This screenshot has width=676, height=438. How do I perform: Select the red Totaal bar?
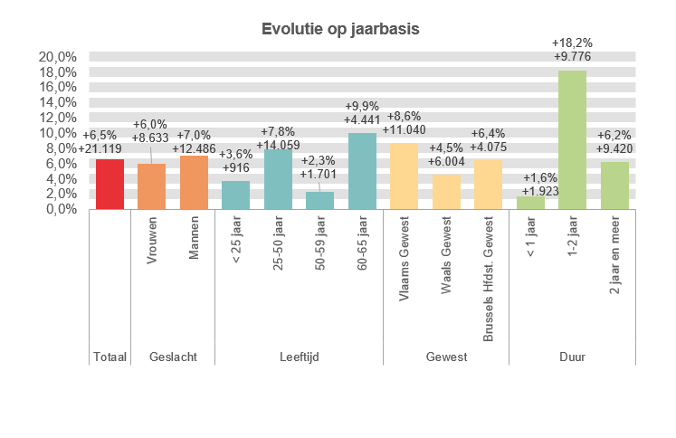pos(109,185)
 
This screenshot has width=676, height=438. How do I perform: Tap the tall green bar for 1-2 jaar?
pos(573,140)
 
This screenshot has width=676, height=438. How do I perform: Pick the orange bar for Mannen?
pos(194,183)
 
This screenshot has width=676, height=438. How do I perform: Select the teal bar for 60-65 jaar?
pos(362,171)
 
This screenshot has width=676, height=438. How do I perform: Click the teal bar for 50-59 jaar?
pos(320,200)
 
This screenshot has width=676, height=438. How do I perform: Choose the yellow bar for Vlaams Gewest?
pos(404,176)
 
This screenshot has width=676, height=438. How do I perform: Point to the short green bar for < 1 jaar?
pos(530,203)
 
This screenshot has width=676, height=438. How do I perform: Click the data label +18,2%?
pos(572,43)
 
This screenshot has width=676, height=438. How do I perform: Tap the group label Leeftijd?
pos(300,357)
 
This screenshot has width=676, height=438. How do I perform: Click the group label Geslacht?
pos(173,357)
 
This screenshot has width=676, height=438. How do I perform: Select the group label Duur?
pos(572,357)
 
